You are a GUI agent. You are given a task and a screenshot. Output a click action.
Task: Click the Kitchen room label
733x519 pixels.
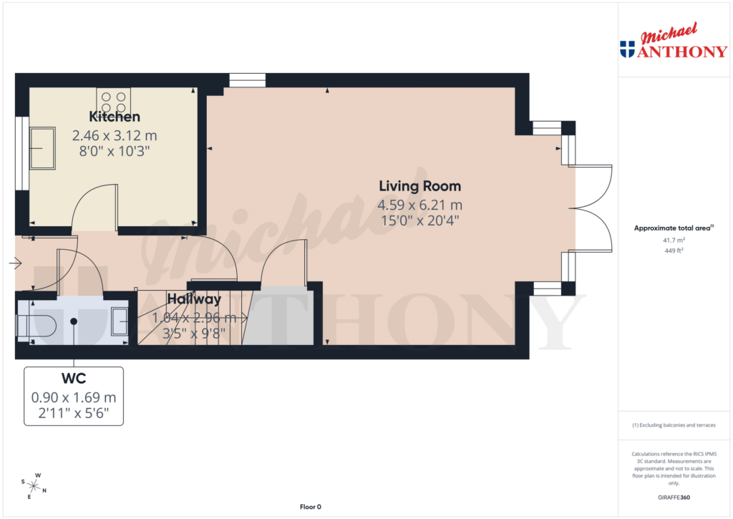[114, 117]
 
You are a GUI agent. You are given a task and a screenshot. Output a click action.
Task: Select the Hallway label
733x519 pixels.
[194, 300]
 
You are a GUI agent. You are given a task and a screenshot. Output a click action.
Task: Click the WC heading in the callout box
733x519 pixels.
[73, 377]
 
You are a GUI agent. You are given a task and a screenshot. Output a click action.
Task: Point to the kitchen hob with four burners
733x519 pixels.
[113, 100]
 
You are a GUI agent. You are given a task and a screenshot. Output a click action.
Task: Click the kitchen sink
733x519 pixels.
[42, 148]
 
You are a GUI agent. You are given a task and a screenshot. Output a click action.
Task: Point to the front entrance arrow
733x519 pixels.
[15, 263]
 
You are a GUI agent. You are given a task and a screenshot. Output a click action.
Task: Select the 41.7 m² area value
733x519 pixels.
[673, 241]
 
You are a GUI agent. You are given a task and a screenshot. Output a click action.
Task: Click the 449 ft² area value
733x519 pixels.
[673, 251]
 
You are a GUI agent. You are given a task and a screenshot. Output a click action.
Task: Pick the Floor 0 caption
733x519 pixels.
[310, 507]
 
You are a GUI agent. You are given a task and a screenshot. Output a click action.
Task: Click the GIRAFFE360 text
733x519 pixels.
[673, 498]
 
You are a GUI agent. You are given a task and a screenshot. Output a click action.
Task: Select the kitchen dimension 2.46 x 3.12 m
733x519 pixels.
[114, 135]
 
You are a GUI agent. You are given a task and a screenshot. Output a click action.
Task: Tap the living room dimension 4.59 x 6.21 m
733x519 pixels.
[420, 205]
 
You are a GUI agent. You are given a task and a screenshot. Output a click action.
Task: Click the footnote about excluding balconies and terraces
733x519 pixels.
[674, 425]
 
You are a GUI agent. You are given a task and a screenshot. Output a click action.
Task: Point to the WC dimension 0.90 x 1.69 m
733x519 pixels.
[73, 397]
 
